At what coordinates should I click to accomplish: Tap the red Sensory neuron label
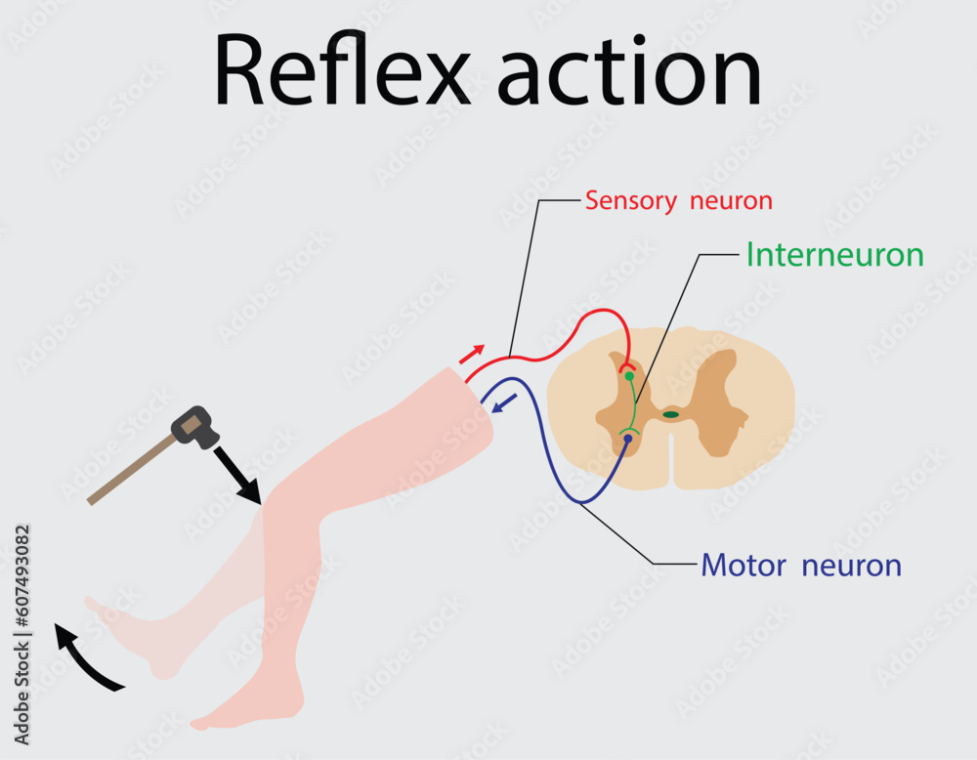point(679,201)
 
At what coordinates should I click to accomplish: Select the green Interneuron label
point(834,255)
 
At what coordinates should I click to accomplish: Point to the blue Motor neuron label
point(801,565)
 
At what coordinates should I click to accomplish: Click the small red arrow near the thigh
point(472,354)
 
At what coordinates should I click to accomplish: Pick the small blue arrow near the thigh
point(505,401)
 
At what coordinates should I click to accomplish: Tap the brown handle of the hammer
point(132,471)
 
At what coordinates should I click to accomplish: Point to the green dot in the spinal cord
point(629,376)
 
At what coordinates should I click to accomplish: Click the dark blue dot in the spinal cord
point(627,440)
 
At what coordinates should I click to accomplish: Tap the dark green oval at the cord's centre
point(670,414)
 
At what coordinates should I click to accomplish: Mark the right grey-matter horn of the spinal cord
point(723,401)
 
